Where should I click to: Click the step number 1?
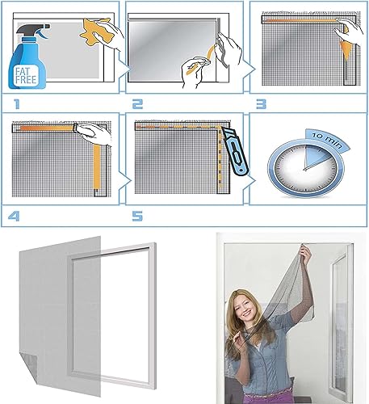(x=17, y=104)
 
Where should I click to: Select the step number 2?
(x=137, y=104)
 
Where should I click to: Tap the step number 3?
(x=261, y=104)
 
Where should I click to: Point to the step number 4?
(x=14, y=216)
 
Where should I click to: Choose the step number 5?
(x=137, y=216)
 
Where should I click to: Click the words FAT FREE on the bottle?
(x=26, y=76)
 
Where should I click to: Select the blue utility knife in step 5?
(x=234, y=152)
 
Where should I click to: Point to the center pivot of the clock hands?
(x=304, y=169)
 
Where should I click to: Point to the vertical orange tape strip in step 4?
(x=97, y=166)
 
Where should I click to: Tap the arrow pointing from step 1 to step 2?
(x=124, y=69)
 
